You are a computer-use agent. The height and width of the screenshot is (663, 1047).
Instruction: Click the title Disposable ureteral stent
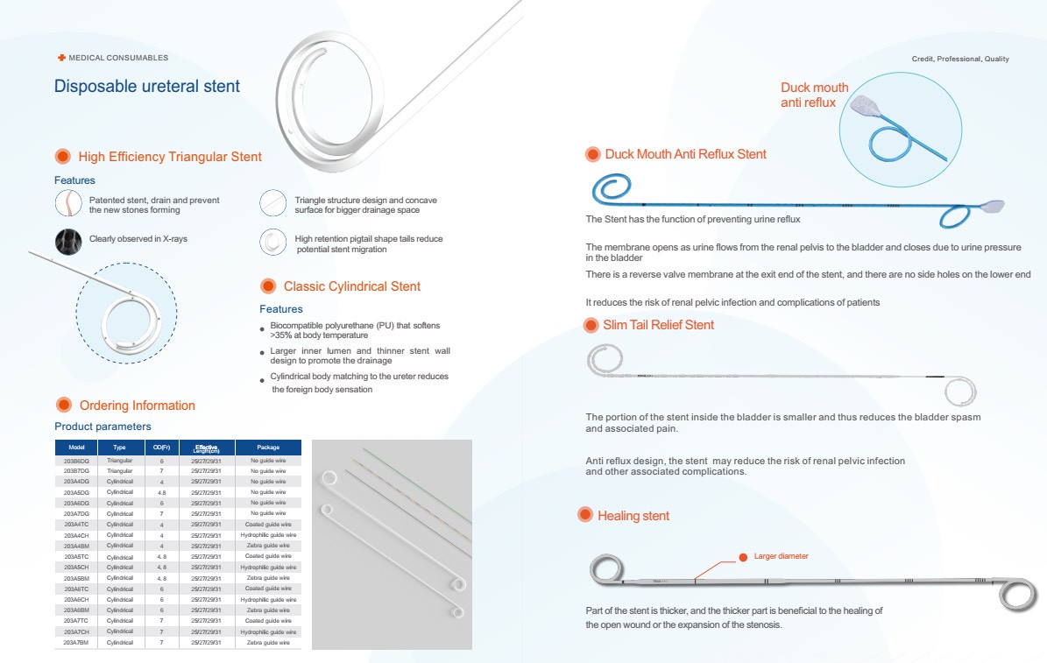(147, 87)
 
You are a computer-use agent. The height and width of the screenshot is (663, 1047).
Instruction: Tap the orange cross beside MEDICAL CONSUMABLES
(61, 58)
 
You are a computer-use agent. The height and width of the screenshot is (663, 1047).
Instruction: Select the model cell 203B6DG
(76, 460)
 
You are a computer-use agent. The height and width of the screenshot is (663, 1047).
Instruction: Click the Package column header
(268, 448)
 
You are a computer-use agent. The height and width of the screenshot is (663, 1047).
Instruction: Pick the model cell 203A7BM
(76, 642)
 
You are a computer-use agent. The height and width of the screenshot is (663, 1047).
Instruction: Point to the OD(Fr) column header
(161, 448)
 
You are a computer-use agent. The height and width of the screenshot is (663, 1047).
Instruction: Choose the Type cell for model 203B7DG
(120, 470)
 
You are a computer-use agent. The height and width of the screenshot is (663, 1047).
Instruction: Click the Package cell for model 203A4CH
(268, 535)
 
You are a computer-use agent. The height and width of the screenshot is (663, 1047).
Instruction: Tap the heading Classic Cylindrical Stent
(351, 286)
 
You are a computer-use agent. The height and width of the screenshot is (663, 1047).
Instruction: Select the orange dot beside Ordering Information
(63, 405)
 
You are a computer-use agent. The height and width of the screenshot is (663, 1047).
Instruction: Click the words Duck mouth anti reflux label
(814, 95)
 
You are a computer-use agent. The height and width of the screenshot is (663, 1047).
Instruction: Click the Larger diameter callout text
(781, 556)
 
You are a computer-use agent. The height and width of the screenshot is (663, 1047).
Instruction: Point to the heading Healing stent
(633, 516)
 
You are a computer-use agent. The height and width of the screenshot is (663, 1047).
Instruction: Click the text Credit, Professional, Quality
(960, 59)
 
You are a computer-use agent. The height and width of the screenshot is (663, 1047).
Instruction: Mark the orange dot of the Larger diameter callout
(743, 557)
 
